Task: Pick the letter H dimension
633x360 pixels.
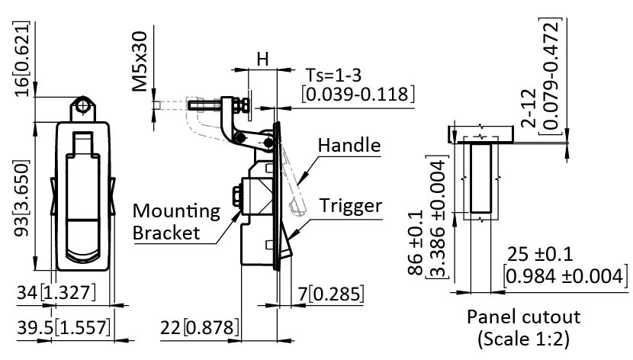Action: (x=262, y=58)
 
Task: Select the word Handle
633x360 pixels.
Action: (x=349, y=145)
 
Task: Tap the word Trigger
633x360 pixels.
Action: (x=351, y=206)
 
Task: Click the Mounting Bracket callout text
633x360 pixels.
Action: (x=176, y=221)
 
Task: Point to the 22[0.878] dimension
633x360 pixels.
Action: (x=200, y=328)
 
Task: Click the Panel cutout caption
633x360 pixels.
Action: (x=523, y=317)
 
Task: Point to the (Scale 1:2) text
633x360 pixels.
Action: (x=523, y=336)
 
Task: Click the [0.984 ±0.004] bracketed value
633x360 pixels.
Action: (x=565, y=275)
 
